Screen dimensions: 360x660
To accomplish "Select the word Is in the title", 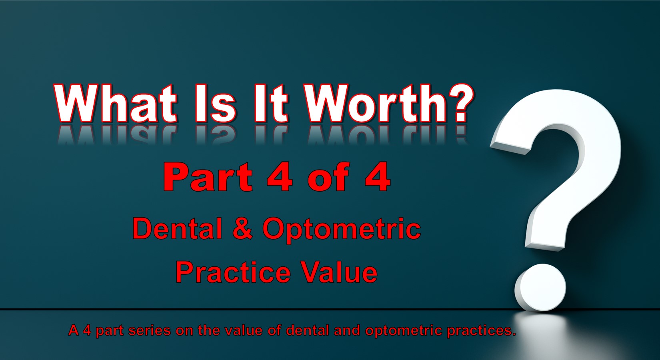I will tap(216, 103).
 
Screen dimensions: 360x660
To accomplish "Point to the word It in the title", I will tap(271, 103).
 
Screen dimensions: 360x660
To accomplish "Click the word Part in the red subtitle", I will tap(208, 177).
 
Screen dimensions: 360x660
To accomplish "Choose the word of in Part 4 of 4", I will tap(328, 177).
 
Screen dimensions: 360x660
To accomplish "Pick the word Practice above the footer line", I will tap(233, 272).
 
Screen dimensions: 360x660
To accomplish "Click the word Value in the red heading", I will tap(339, 272).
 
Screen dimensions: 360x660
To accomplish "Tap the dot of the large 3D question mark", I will tap(540, 287).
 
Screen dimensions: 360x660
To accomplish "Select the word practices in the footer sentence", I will tap(481, 331).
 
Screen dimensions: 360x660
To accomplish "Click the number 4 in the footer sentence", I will tap(87, 331).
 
